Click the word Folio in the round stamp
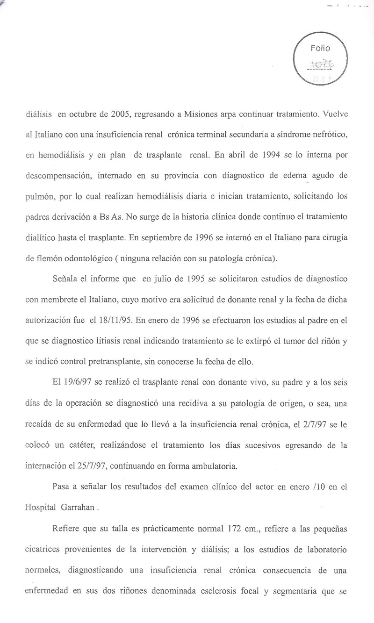coord(320,48)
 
